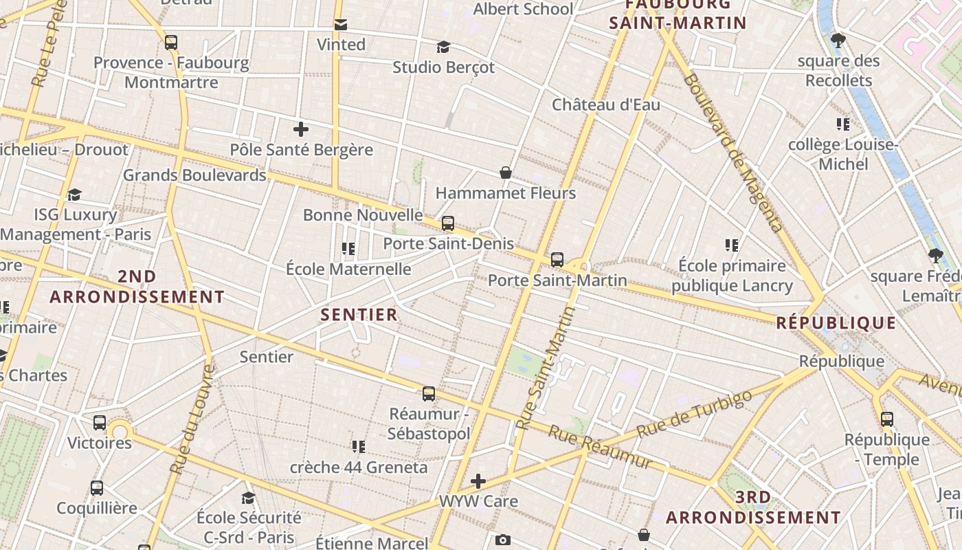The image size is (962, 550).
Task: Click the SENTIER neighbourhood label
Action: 359,315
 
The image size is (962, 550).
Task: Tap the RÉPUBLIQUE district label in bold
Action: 836,323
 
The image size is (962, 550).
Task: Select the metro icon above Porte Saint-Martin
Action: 557,260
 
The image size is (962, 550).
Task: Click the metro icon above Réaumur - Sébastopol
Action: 429,394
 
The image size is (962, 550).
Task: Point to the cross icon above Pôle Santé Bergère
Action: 300,129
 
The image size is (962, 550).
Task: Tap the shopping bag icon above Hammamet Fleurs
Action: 506,173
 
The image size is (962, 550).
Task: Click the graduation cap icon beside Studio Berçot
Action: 443,47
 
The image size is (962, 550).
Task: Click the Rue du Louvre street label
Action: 192,420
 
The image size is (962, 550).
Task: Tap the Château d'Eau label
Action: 606,104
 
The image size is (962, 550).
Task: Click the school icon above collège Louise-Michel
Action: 843,124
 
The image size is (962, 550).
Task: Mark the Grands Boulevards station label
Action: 194,175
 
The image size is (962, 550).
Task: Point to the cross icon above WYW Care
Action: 478,481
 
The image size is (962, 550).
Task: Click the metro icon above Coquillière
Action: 97,488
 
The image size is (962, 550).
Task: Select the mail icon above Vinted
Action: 340,25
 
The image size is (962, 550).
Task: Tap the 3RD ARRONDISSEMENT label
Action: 753,507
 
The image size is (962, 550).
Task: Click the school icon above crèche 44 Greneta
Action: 358,447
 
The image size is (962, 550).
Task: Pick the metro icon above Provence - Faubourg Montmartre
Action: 171,43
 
